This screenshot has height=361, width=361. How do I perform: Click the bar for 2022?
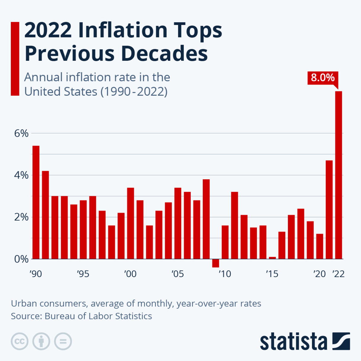pos(338,175)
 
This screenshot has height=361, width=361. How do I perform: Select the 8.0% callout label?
pos(322,77)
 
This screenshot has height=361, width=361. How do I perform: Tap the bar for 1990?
pos(36,202)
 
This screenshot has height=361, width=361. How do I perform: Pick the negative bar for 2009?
pos(216,263)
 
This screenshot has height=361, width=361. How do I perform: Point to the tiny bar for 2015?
pos(272,258)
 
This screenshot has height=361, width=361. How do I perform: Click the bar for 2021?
pos(329,210)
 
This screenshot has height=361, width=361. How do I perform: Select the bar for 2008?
pos(206,219)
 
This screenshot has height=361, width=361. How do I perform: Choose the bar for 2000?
pos(131,223)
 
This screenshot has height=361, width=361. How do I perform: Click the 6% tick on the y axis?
pos(21,133)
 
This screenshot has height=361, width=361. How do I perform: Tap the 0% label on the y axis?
pos(21,259)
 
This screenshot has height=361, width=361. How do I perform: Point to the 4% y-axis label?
pos(21,175)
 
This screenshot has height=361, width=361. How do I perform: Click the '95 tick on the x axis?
pos(83,274)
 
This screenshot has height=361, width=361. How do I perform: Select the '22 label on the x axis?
pos(338,274)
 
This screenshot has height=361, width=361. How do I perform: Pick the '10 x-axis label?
pos(225,274)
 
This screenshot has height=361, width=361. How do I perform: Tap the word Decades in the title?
pos(164,53)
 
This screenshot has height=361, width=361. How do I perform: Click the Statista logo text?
pos(293,342)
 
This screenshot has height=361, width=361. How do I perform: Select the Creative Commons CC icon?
pos(20,342)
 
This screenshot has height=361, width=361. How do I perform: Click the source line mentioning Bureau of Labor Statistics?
pos(81,316)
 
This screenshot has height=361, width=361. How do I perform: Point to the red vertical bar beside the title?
pos(15,59)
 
